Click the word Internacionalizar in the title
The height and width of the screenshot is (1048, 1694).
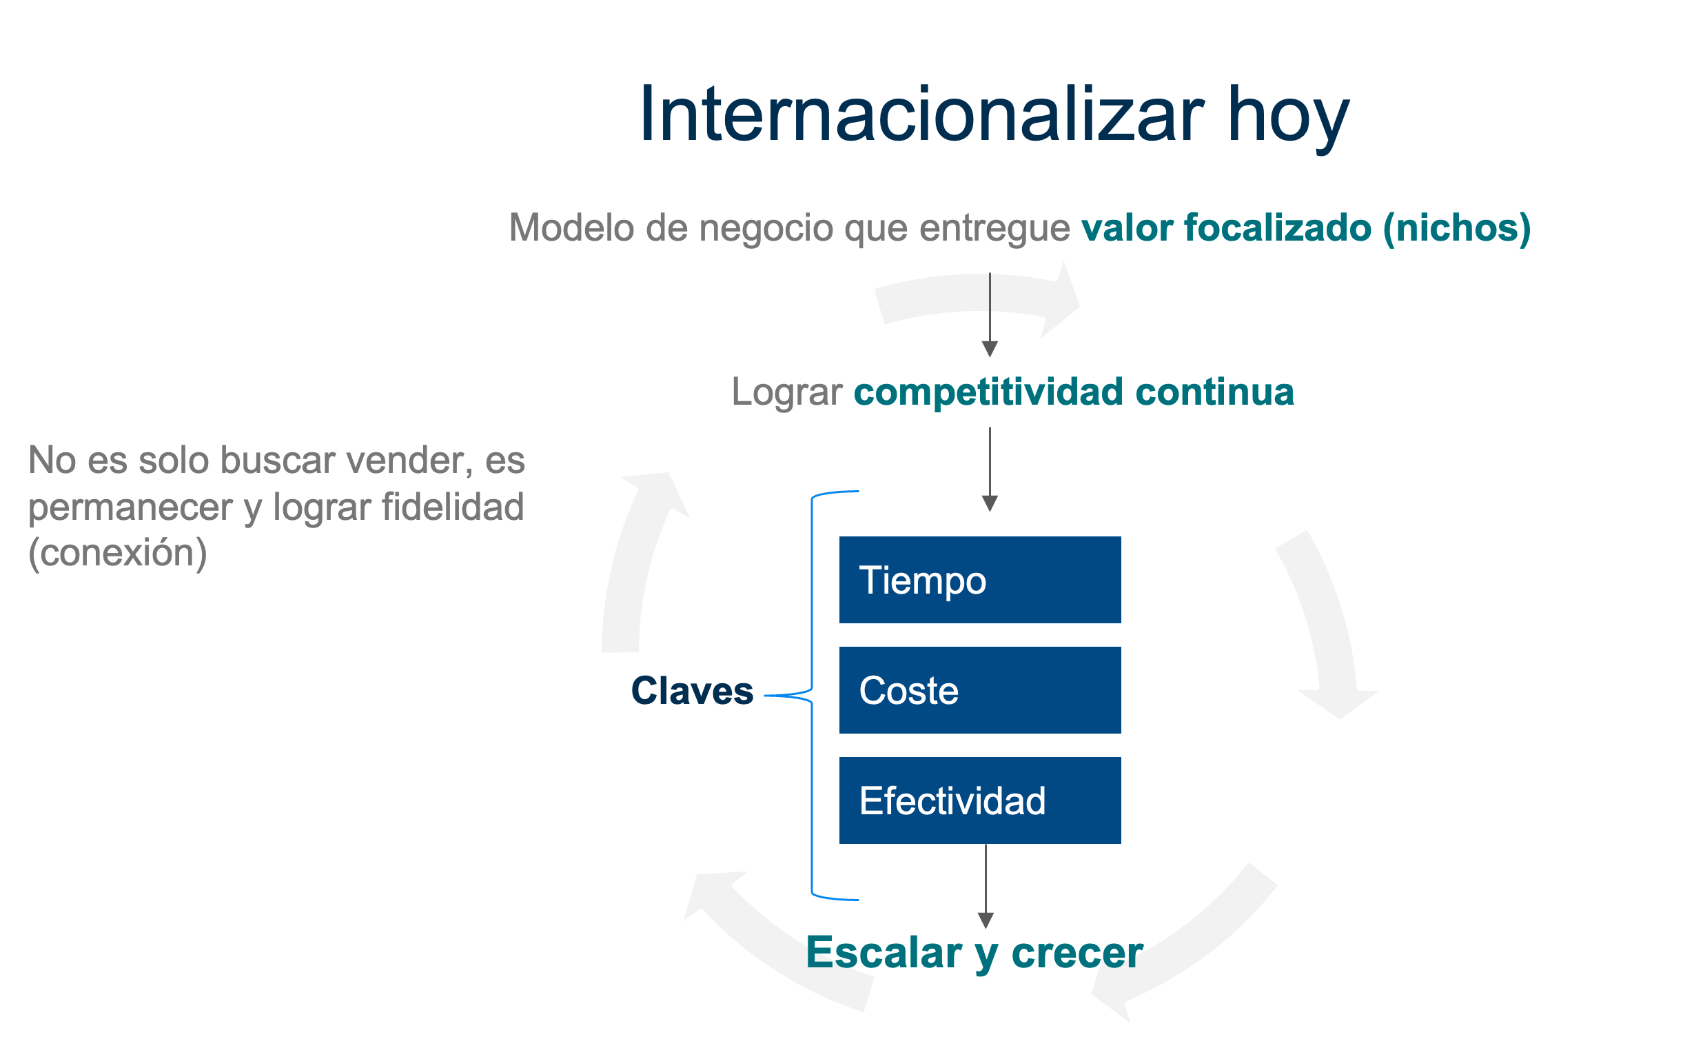point(922,114)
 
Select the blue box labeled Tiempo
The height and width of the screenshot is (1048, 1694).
point(980,579)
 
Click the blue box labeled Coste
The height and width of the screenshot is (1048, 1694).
point(980,689)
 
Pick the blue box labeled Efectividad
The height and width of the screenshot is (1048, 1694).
point(980,800)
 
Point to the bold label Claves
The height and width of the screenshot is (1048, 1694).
point(691,690)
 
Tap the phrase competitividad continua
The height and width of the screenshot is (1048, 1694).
point(1073,392)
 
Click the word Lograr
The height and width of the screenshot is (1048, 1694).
point(786,393)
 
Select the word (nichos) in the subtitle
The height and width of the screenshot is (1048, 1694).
point(1456,229)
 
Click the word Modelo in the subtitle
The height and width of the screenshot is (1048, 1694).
point(571,228)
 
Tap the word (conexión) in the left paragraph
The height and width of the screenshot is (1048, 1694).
point(117,552)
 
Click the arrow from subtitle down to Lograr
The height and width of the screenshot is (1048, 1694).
point(990,314)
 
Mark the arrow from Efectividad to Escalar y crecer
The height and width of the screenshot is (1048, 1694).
point(986,886)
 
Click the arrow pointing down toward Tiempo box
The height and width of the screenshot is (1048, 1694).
point(990,470)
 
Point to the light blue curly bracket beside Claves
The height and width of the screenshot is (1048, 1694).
point(811,695)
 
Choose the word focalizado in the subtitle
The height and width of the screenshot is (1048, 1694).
point(1278,228)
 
